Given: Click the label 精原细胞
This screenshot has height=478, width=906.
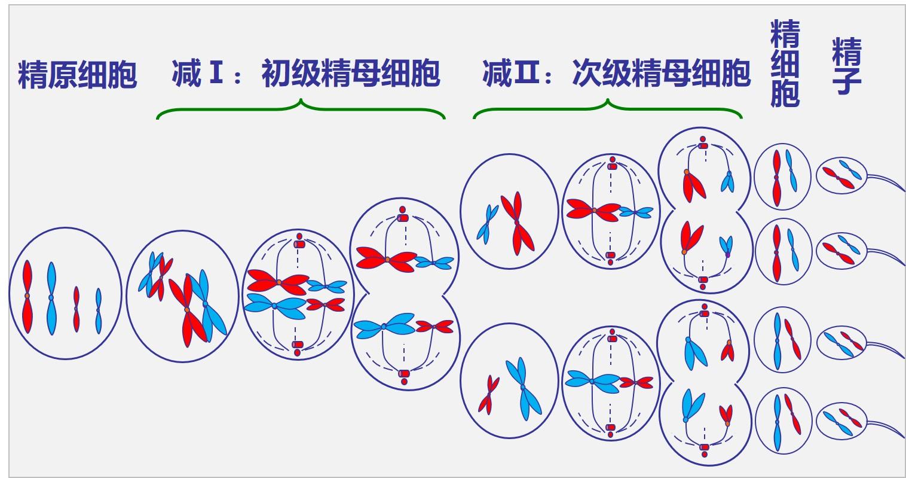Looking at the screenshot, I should pos(78,75).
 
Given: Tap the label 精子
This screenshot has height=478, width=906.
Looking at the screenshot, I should pos(846,66).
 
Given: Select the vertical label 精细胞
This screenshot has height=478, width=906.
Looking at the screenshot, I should pos(785,63).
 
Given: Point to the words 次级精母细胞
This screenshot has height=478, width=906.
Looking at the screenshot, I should pos(660,74).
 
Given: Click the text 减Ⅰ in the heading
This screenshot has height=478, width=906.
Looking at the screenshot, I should pos(195,74).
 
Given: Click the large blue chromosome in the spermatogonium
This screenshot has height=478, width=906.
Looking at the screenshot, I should pos(51,297).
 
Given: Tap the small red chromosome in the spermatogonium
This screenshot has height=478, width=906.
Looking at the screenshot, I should pos(76,309).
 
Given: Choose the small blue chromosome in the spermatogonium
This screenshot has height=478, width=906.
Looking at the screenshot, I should pos(98,310).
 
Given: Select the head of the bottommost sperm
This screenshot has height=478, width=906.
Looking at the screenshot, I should pos(842,422).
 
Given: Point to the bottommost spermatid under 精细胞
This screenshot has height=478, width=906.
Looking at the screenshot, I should pos(783,422).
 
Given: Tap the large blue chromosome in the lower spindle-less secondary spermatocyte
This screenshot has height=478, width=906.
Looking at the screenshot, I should pos(523,388).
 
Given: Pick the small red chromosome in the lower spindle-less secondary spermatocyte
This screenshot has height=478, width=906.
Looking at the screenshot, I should pos(488,395).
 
